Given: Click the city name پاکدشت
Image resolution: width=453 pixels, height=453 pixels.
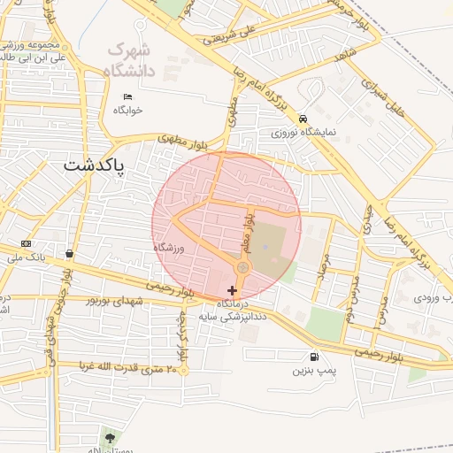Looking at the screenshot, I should (x=96, y=166).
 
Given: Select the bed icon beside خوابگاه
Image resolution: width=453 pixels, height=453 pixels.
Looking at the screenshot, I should (x=128, y=96).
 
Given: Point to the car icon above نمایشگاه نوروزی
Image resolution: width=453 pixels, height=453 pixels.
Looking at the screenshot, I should (x=303, y=118).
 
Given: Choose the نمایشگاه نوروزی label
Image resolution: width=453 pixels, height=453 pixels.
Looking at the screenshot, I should (x=303, y=132).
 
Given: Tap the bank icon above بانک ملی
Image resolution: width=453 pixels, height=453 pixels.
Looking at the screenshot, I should (x=25, y=244).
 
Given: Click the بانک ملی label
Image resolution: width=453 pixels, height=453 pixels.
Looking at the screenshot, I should (x=25, y=257).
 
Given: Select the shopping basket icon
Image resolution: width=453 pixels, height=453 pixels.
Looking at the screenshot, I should (x=69, y=254).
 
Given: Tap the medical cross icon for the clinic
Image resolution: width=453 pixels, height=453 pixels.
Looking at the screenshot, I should (x=232, y=290).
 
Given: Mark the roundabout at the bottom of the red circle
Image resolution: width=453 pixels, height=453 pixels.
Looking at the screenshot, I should (x=242, y=267).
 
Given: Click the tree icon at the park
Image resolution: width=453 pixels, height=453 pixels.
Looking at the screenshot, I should (x=110, y=436).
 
